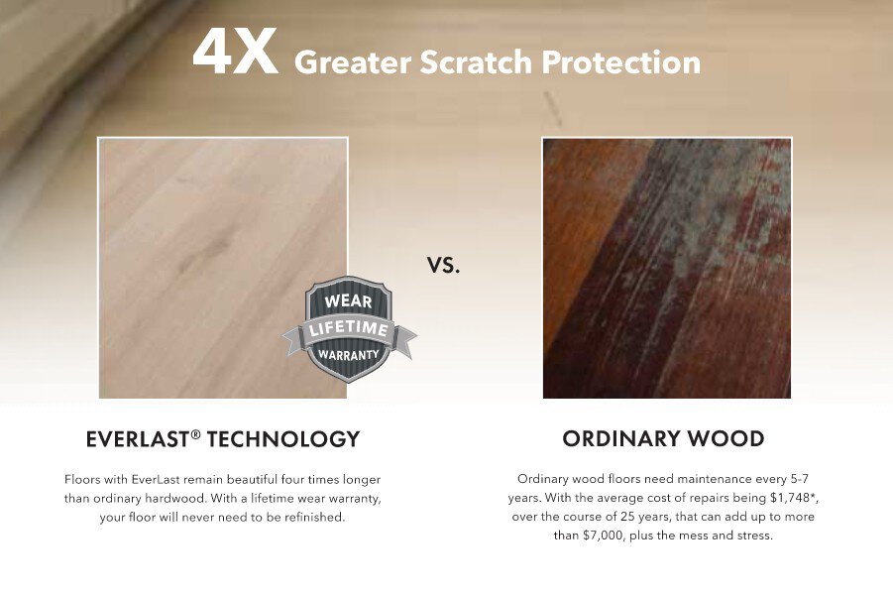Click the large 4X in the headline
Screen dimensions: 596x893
coord(235,54)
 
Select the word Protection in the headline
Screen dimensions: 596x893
coord(620,62)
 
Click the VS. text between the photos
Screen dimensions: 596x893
coord(444,266)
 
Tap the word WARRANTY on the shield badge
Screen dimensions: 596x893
coord(349,353)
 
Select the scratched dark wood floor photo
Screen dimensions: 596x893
coord(666,268)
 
